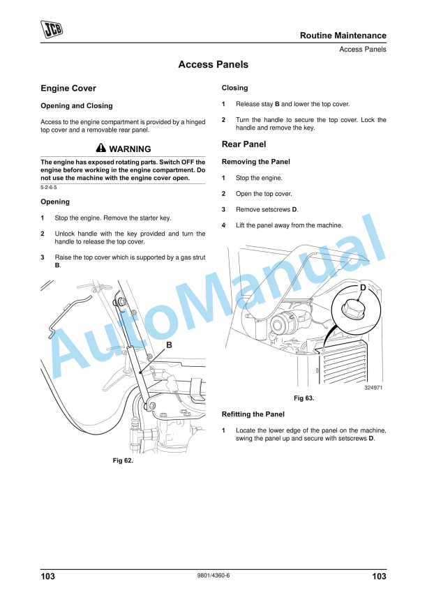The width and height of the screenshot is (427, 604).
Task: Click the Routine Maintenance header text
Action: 343,36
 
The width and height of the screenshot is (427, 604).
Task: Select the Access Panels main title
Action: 213,65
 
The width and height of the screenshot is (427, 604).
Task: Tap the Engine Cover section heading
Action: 68,89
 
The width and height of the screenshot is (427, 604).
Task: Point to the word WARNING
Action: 130,149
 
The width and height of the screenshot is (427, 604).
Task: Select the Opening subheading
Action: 55,202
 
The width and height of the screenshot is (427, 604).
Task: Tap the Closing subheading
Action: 234,89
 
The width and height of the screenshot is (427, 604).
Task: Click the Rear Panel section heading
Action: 244,144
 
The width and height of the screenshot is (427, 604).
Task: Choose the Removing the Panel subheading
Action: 255,162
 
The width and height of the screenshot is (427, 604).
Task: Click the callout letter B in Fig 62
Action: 169,346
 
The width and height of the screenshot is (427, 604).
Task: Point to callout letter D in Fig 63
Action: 363,287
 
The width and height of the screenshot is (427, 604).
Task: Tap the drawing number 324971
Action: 374,388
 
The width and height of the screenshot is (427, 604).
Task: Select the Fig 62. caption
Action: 123,461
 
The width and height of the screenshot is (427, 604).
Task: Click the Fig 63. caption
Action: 304,398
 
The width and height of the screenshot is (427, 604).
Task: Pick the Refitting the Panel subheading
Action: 253,414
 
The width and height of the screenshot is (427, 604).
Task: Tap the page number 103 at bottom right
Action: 379,576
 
